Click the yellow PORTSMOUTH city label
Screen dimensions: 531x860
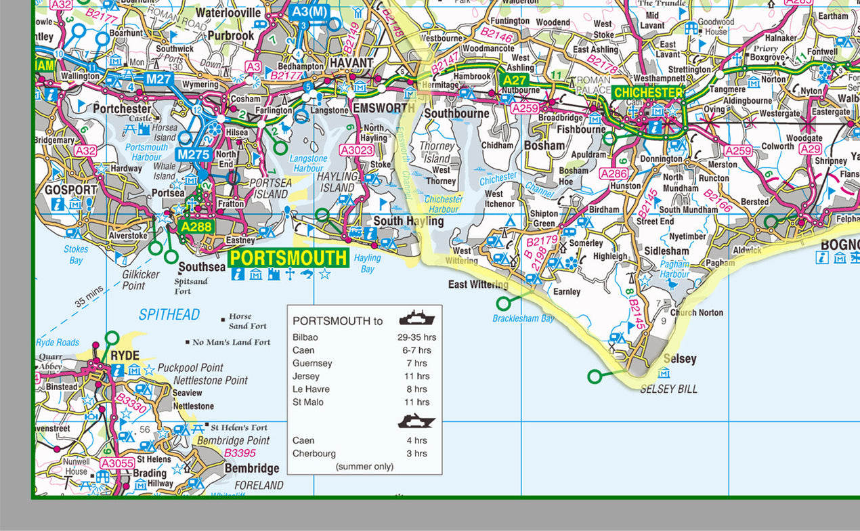point(288,258)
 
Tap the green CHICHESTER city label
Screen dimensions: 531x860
point(649,93)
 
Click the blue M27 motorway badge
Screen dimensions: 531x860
point(158,80)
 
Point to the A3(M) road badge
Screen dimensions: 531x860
point(308,12)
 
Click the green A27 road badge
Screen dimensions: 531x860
point(514,80)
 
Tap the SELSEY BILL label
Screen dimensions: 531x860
point(668,389)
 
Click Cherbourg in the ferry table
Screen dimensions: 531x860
point(314,454)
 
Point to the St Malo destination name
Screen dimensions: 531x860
point(307,402)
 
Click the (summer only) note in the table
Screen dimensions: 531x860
point(364,467)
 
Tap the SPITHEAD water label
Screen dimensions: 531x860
point(169,314)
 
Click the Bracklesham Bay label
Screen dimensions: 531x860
point(523,318)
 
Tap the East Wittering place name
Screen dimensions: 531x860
point(478,284)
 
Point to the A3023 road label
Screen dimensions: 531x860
point(357,150)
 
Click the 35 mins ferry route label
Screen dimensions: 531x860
point(89,297)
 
